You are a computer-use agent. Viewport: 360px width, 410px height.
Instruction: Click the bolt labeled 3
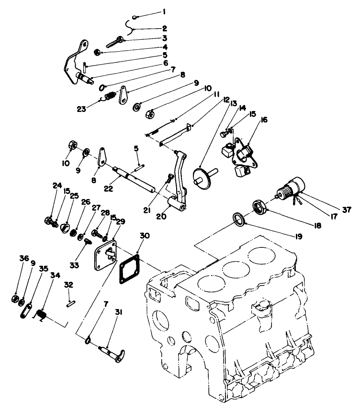click(x=113, y=42)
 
